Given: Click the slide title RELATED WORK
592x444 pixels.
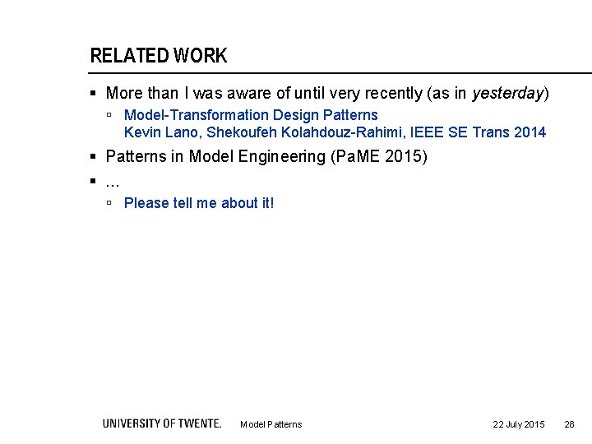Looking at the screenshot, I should [x=158, y=56].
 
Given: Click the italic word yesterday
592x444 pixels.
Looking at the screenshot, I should [x=507, y=94].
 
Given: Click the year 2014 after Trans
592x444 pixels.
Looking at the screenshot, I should [x=530, y=132].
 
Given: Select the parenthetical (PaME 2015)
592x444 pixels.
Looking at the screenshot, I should [x=379, y=156].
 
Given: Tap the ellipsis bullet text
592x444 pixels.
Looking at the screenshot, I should [x=113, y=179].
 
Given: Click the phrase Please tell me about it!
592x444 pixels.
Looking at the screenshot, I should [x=199, y=202].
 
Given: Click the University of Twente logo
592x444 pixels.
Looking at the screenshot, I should [x=162, y=423].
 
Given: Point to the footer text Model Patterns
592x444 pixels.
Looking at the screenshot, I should [x=271, y=424].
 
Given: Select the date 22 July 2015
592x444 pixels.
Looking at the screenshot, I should [x=518, y=424].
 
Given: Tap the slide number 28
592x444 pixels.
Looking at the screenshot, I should [x=569, y=424].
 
